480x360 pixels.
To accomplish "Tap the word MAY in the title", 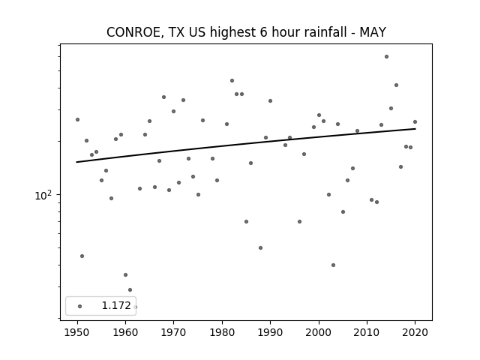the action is tap(373, 32).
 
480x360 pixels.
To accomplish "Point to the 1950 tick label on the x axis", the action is tap(77, 332).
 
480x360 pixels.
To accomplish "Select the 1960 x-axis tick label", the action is tap(125, 332).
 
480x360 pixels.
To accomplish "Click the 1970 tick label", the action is tap(173, 332).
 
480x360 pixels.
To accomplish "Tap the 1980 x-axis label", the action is tap(222, 332).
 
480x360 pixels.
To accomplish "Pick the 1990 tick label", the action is tap(270, 332).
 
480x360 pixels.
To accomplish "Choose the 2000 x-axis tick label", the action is tap(319, 332).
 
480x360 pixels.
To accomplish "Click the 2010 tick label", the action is tap(367, 332).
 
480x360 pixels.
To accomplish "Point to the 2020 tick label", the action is tap(415, 332).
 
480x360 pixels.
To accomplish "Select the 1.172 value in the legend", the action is tap(116, 305).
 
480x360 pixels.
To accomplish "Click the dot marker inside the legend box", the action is tap(80, 306).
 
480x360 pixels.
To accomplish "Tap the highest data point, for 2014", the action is tap(387, 57).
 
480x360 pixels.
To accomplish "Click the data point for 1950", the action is tap(77, 120).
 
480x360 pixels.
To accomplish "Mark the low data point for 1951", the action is tap(82, 256).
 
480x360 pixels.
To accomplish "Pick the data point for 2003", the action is tap(333, 265).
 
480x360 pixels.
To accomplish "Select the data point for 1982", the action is tap(232, 81).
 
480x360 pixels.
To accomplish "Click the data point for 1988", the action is tap(260, 248).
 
